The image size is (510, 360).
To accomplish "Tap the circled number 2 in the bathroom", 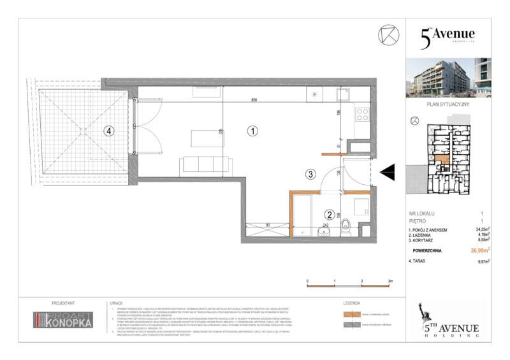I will (329, 215).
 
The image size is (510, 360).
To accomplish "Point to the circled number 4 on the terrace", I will (110, 131).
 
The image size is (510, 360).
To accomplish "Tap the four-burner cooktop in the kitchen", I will (363, 115).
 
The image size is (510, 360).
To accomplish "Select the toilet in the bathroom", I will (345, 226).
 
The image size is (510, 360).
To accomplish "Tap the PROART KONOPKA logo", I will (63, 320).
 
